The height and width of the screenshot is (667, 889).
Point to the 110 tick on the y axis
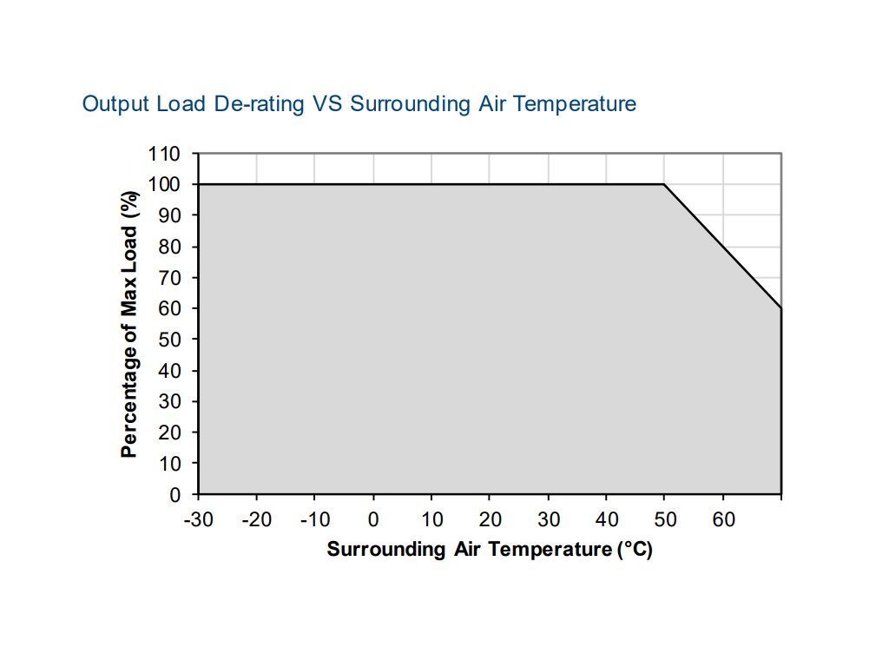coord(164,154)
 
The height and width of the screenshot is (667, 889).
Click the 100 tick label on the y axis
coord(164,185)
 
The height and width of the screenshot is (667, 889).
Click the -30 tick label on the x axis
coord(199,519)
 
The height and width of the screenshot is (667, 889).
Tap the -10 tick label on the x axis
coord(315,519)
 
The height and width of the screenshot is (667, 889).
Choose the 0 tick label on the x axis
coord(373,519)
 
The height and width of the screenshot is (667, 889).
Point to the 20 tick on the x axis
coord(490,519)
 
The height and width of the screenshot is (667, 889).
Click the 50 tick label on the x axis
coord(665,519)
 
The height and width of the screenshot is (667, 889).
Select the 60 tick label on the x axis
coord(723,519)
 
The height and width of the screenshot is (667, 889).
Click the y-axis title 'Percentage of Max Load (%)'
coord(130,324)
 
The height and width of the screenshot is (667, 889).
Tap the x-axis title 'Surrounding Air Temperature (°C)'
coord(489,550)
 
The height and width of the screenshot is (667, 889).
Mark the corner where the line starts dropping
coord(665,184)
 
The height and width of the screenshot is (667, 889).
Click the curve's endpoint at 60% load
coord(781,308)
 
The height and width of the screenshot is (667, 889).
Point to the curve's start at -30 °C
coord(199,184)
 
